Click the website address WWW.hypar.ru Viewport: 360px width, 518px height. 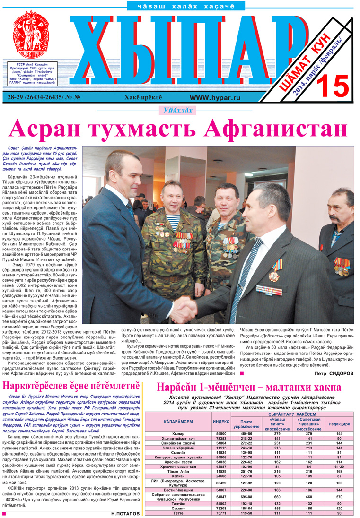coord(215,97)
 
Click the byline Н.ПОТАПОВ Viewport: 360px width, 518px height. coord(125,513)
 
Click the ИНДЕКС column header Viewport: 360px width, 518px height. coord(220,422)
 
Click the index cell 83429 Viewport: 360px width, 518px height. coord(220,483)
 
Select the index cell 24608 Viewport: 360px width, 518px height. coord(220,476)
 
